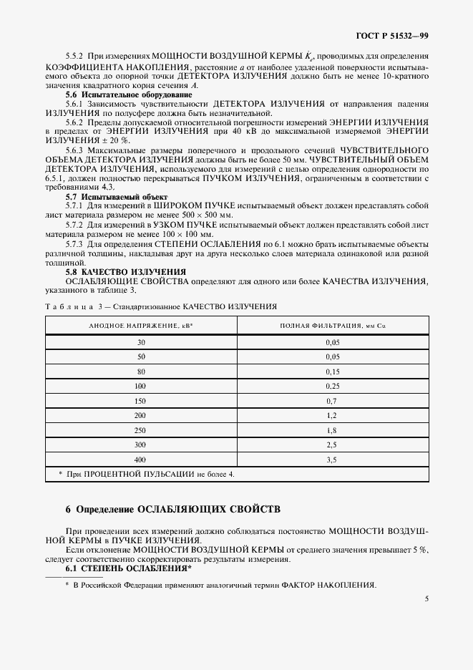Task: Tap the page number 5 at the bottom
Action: point(426,598)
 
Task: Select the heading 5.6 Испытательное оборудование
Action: point(118,94)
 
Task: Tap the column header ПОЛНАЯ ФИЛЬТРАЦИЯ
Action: point(331,326)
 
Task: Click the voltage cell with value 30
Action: point(141,342)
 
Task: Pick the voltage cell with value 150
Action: point(141,400)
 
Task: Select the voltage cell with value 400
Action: point(141,459)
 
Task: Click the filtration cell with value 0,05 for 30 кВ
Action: point(331,342)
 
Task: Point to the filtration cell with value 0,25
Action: point(331,386)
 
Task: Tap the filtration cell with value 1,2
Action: point(331,415)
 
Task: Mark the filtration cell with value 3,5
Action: point(331,459)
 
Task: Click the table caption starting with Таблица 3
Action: point(161,306)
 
